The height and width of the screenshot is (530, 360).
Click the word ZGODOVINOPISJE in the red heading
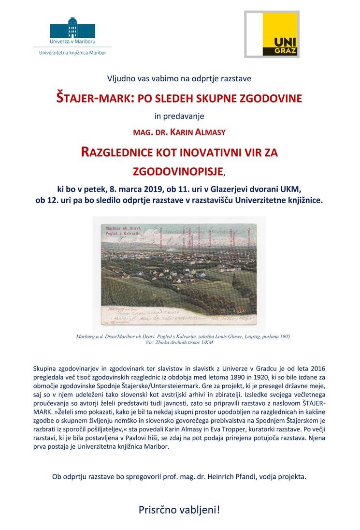click(178, 171)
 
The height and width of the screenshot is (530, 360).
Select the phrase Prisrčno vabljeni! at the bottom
click(179, 509)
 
